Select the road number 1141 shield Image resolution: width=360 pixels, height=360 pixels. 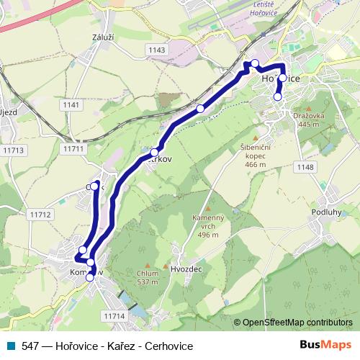[71, 105]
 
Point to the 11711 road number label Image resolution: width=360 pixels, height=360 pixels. [73, 148]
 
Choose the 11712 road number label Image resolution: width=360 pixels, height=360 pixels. [41, 215]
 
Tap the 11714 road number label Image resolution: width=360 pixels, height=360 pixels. [114, 316]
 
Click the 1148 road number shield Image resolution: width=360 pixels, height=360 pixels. [305, 167]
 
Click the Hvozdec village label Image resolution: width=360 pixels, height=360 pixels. [186, 268]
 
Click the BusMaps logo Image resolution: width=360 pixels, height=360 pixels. [326, 345]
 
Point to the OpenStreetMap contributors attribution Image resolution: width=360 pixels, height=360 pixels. [297, 323]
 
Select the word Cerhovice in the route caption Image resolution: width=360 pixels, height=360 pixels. [169, 346]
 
